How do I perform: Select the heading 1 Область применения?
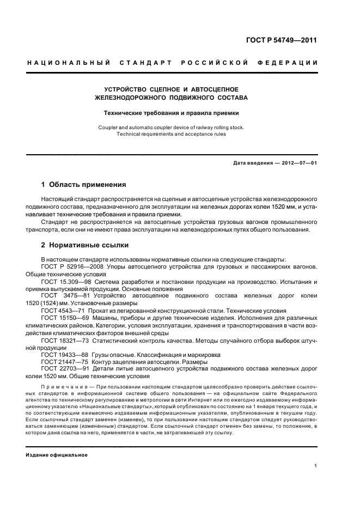(x=83, y=184)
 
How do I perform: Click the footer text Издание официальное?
(x=57, y=455)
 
